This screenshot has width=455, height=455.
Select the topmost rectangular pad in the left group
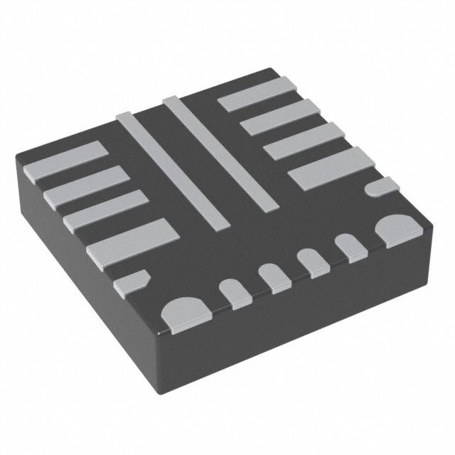coord(65,161)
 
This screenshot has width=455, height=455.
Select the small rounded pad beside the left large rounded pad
coord(232,292)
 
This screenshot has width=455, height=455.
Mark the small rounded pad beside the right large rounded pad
coord(348,246)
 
